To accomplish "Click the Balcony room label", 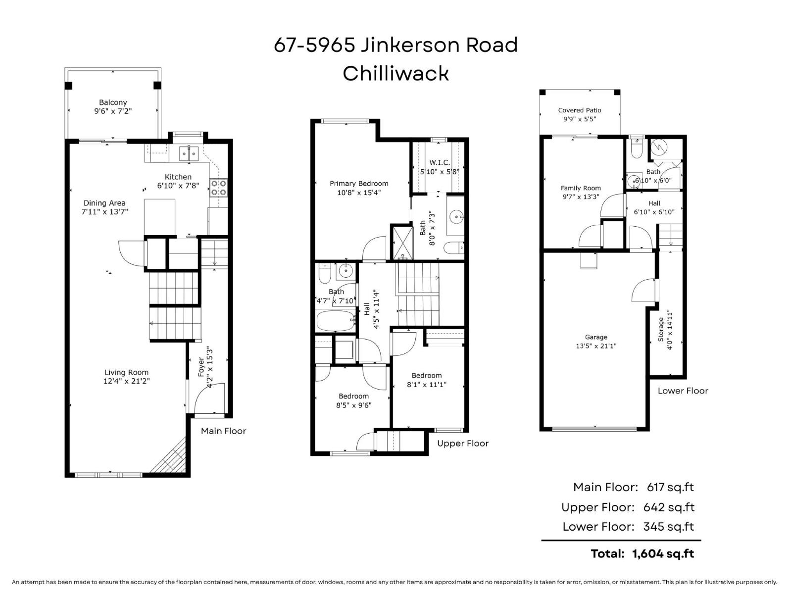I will click(113, 102).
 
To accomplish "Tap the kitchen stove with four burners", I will click(218, 188).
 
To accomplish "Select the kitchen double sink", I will click(189, 153).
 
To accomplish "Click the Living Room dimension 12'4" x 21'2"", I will click(126, 381).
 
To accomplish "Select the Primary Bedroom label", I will click(359, 184).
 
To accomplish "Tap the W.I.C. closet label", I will click(439, 163).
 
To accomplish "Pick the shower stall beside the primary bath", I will click(402, 243).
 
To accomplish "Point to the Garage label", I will click(595, 337).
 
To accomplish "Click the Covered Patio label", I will click(579, 110).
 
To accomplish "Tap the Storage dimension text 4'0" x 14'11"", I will click(670, 330).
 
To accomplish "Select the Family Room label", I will click(581, 188).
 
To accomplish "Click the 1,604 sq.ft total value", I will click(663, 553).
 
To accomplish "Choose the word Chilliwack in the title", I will click(396, 74).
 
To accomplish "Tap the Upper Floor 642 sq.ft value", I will click(668, 507).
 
